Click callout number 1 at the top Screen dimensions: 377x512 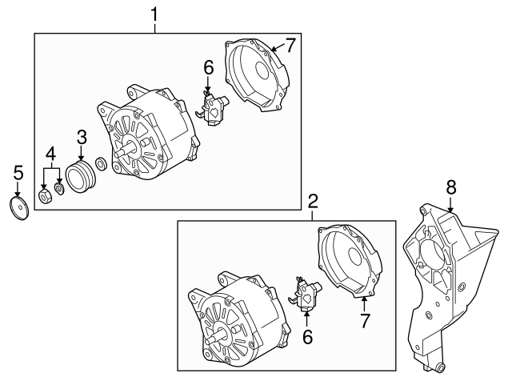click(x=155, y=13)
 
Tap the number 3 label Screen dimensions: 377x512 click(x=81, y=138)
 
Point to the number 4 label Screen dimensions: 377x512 click(x=50, y=152)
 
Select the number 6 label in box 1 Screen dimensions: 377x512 click(x=209, y=68)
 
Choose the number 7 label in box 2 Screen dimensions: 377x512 click(x=364, y=322)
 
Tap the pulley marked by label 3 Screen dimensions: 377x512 click(x=80, y=176)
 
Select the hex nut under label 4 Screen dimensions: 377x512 click(x=46, y=195)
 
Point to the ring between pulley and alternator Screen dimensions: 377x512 click(x=101, y=166)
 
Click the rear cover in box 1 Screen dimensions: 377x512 click(x=258, y=76)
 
